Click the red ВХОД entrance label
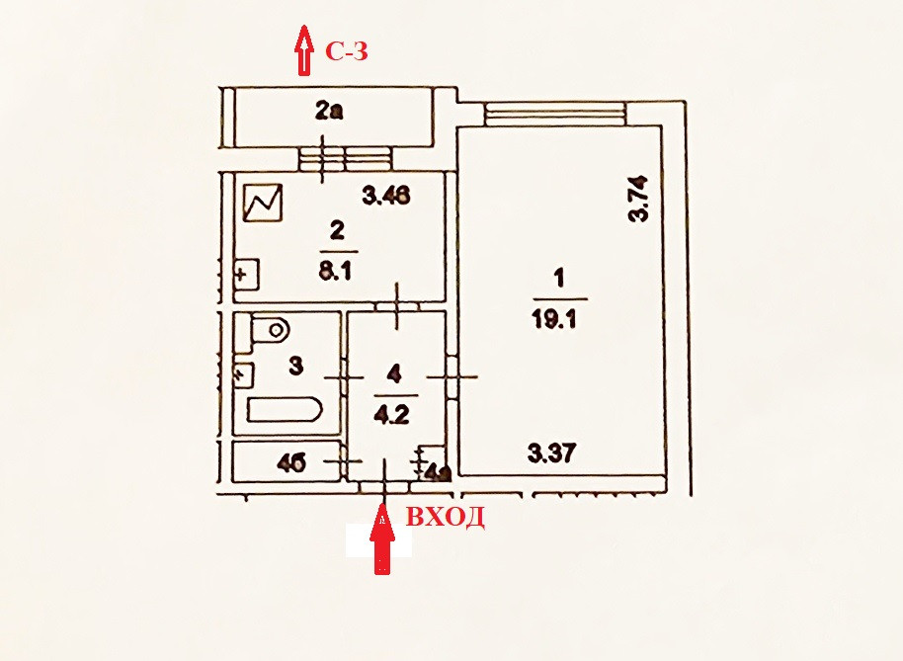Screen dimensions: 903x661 click(x=445, y=517)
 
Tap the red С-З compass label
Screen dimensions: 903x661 click(x=347, y=51)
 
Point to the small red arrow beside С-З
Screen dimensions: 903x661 click(x=305, y=50)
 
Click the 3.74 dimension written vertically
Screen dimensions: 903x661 click(x=640, y=199)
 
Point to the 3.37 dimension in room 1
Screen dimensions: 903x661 click(x=551, y=454)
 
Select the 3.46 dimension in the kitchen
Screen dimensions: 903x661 click(x=386, y=195)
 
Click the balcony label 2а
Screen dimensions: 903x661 click(x=329, y=112)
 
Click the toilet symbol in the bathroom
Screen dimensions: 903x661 click(x=267, y=331)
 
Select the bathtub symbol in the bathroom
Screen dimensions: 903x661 click(x=282, y=410)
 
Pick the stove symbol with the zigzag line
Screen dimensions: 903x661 click(x=264, y=205)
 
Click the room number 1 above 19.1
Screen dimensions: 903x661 click(x=558, y=281)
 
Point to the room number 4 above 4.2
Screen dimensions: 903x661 click(x=394, y=373)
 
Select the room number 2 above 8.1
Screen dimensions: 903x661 click(x=337, y=231)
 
